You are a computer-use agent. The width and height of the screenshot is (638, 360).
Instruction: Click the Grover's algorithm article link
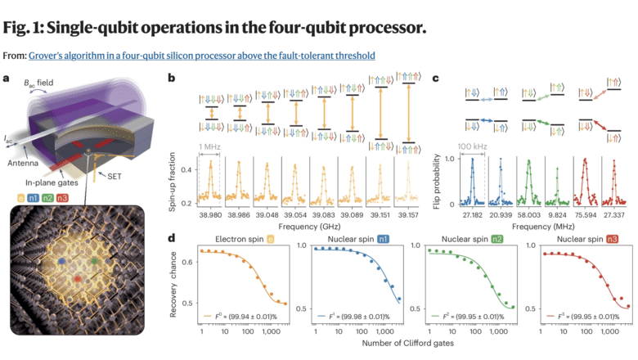tap(202, 56)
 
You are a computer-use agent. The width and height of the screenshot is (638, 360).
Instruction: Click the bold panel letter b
tap(171, 79)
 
